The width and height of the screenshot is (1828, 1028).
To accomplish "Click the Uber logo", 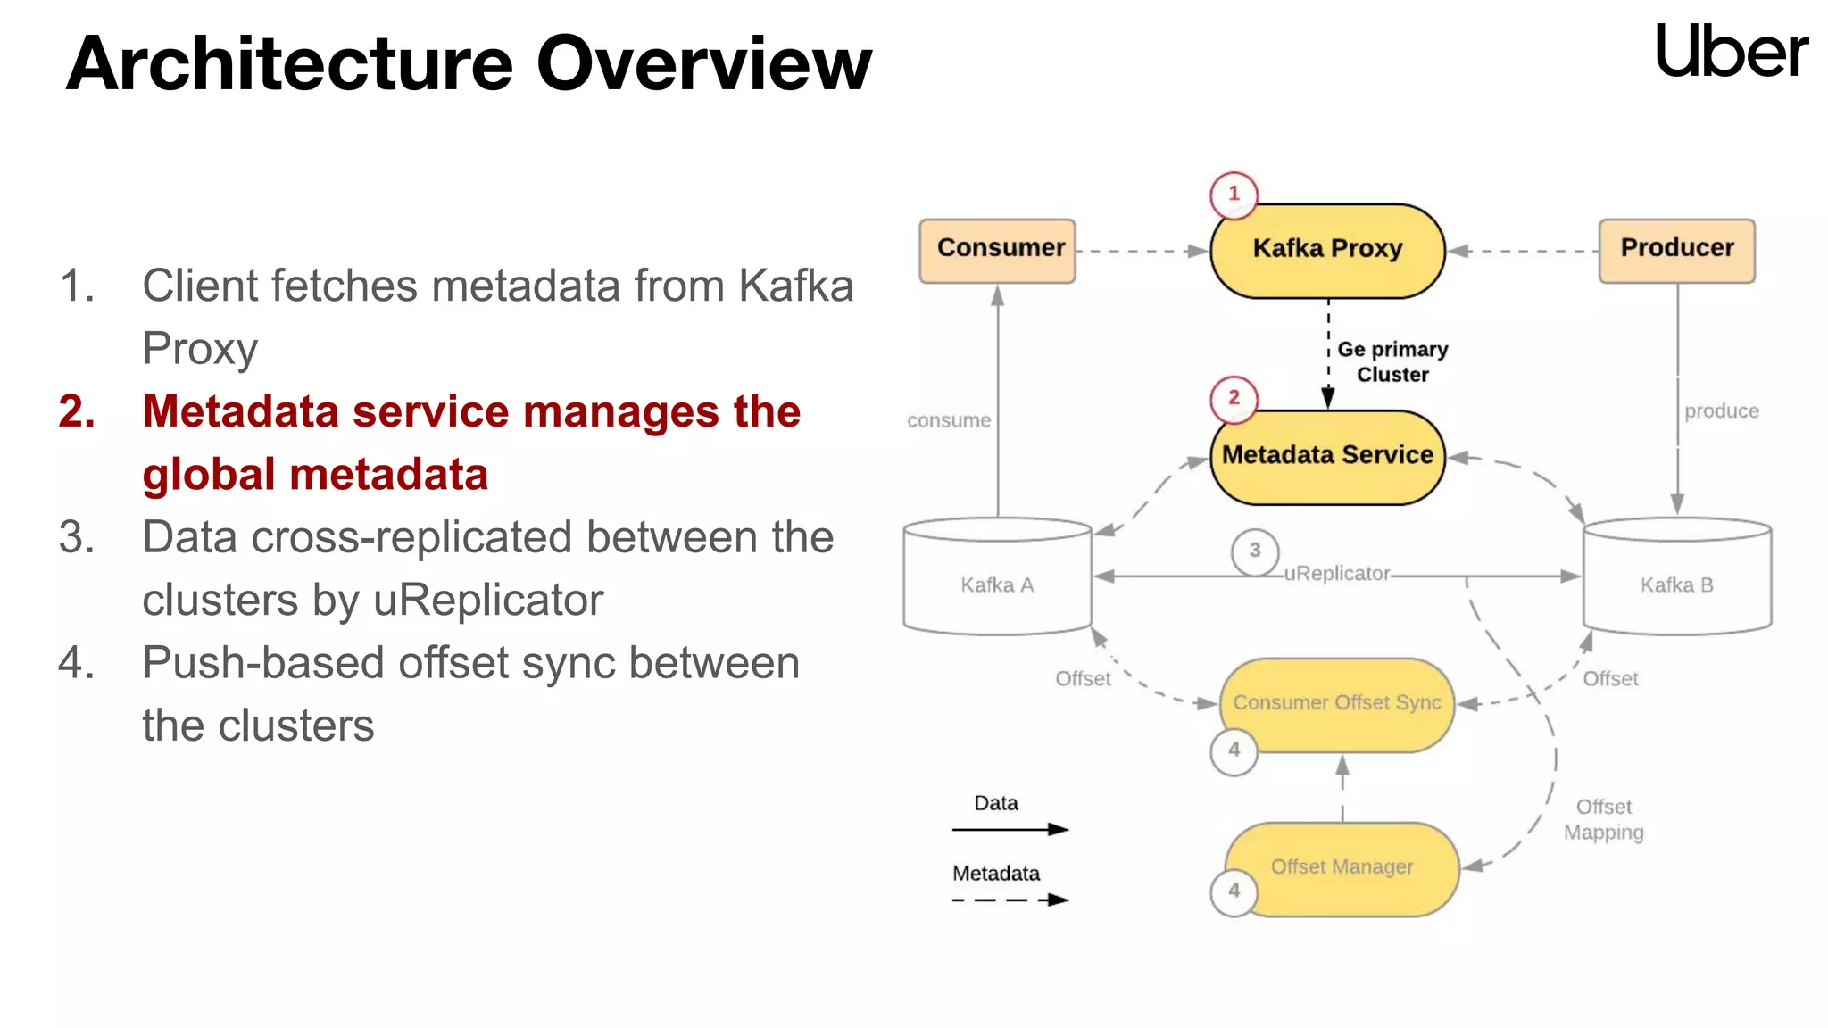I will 1731,52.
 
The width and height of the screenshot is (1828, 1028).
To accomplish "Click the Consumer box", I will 998,251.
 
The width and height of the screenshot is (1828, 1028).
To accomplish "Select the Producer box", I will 1676,251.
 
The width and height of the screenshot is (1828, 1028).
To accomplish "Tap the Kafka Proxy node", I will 1327,251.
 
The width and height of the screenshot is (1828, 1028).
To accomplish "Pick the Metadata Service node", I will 1327,457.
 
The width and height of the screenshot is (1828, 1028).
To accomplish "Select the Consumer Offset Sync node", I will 1336,704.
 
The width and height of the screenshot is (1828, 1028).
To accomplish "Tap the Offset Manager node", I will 1342,867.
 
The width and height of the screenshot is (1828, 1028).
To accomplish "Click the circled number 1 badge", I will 1234,195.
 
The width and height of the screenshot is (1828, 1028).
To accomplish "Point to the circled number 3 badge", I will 1254,551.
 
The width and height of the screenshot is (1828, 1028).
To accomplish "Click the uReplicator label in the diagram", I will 1336,574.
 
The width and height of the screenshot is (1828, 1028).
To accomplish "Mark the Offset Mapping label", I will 1603,819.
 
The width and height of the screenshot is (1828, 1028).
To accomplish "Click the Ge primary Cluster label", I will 1392,361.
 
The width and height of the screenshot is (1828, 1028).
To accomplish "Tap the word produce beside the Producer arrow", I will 1721,411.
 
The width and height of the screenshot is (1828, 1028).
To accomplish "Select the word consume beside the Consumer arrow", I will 949,420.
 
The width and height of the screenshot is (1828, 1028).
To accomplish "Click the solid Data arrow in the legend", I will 1010,829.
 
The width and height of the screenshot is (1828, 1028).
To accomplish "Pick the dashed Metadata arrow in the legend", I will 1010,899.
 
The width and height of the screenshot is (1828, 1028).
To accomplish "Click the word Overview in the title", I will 703,64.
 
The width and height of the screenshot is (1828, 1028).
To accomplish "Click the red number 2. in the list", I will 78,412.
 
